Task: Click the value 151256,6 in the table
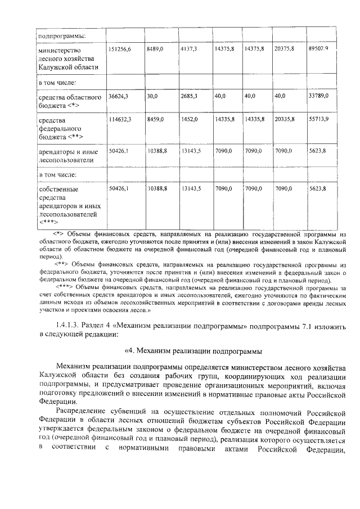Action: (x=120, y=50)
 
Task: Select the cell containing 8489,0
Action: (x=155, y=50)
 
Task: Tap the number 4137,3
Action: (x=189, y=50)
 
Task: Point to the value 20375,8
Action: (x=285, y=50)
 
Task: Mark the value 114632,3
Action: (x=120, y=119)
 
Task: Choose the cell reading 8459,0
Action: (x=155, y=119)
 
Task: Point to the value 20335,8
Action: (x=285, y=119)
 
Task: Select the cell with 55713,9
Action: (x=318, y=119)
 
